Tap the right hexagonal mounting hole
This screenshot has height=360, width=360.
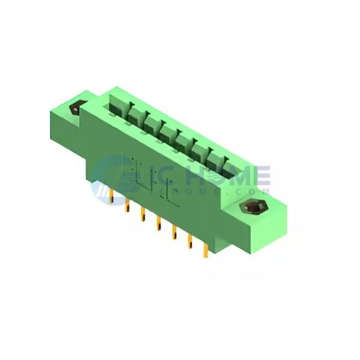pos(254,206)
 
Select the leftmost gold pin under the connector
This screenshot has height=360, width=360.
pos(112,197)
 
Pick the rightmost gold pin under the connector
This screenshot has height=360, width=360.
pos(206,251)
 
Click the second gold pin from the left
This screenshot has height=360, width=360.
pos(127,205)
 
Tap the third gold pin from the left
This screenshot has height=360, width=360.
pos(143,214)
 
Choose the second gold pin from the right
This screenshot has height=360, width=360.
pos(190,242)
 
